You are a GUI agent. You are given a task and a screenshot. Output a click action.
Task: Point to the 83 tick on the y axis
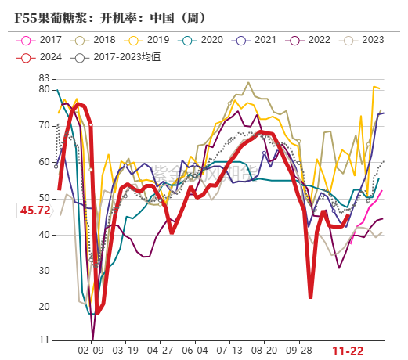pos(44,78)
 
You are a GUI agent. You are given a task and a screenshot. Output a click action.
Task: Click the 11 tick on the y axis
pos(44,341)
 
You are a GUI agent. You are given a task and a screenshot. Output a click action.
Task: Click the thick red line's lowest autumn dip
pos(311,297)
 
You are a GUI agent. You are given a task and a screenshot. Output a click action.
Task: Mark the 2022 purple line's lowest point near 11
pos(93,338)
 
